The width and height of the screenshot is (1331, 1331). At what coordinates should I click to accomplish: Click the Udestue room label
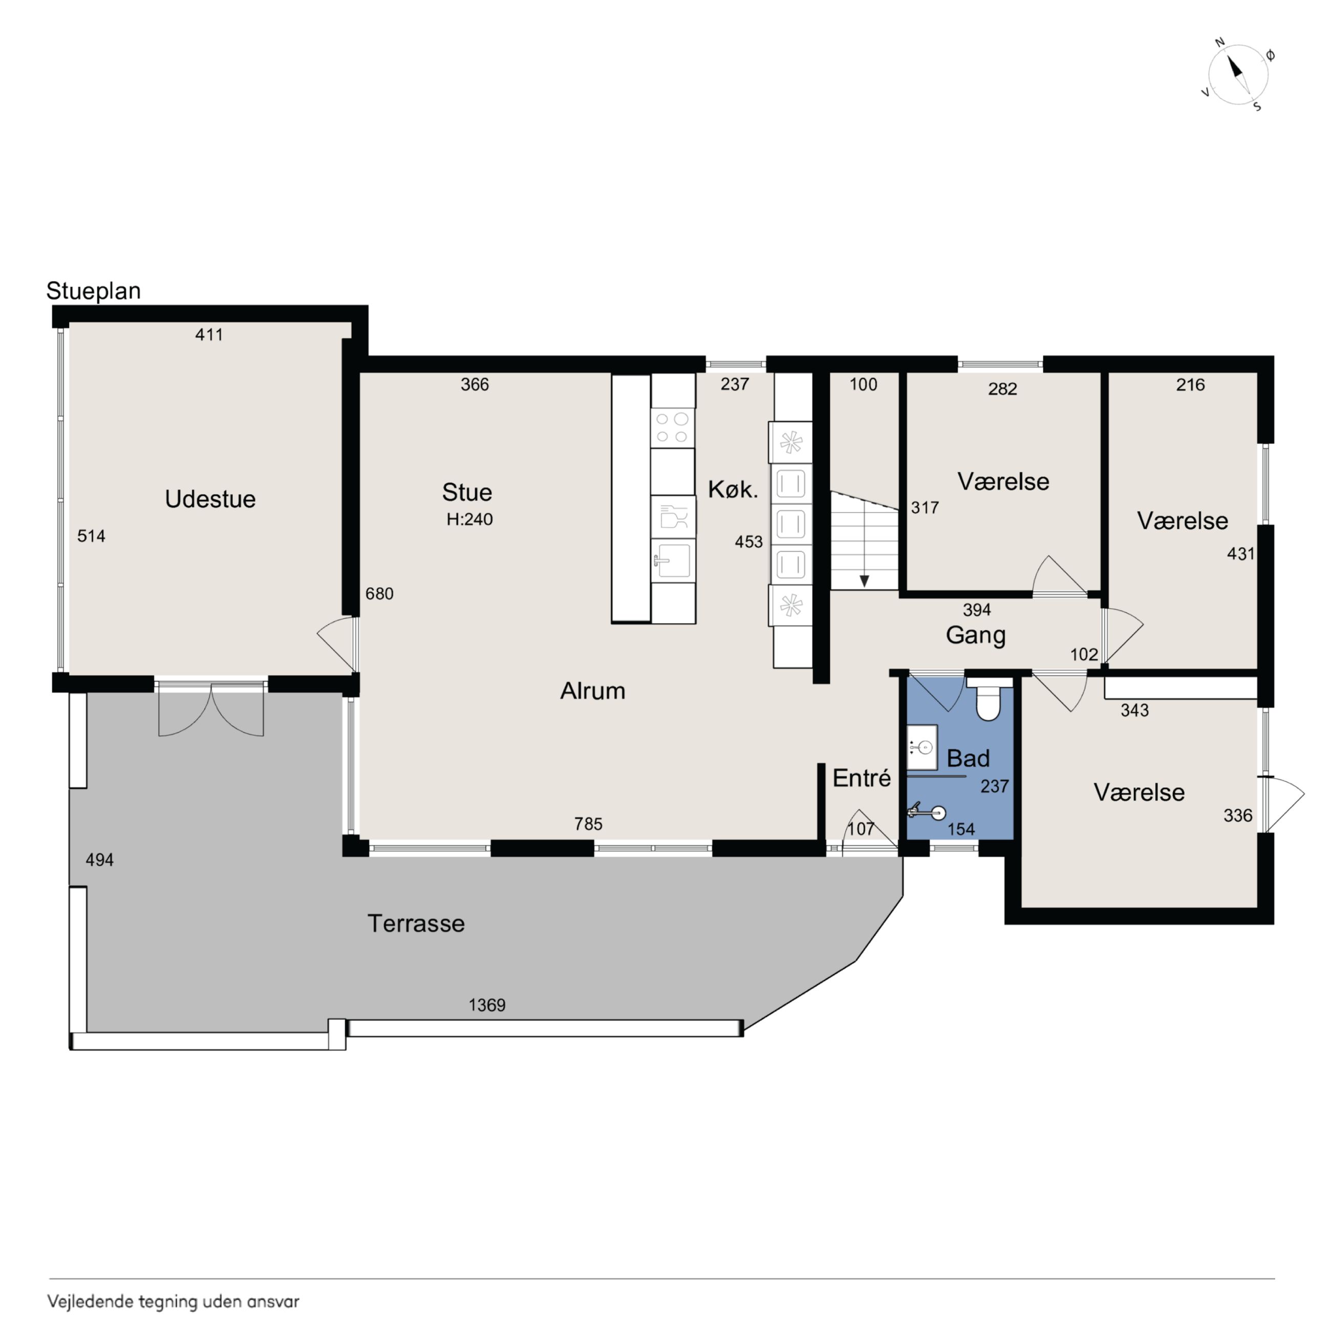pyautogui.click(x=210, y=499)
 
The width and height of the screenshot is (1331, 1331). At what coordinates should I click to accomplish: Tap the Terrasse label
pyautogui.click(x=416, y=923)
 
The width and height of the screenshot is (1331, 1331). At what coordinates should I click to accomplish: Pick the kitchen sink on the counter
pyautogui.click(x=673, y=560)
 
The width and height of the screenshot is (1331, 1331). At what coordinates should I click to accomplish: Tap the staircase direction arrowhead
pyautogui.click(x=864, y=581)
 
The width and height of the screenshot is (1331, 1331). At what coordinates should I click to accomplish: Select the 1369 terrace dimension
pyautogui.click(x=487, y=1005)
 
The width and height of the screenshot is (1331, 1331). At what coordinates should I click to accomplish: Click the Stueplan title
pyautogui.click(x=94, y=291)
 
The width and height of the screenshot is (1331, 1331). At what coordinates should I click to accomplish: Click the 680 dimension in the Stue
pyautogui.click(x=380, y=593)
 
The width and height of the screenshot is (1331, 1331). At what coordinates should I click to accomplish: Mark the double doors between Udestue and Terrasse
pyautogui.click(x=211, y=710)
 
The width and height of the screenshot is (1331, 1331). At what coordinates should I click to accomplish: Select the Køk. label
pyautogui.click(x=733, y=490)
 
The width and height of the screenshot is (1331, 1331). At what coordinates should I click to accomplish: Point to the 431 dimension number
pyautogui.click(x=1241, y=554)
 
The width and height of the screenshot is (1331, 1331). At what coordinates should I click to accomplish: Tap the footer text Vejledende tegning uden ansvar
pyautogui.click(x=173, y=1301)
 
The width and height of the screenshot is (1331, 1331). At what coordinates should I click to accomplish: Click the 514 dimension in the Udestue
pyautogui.click(x=91, y=536)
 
